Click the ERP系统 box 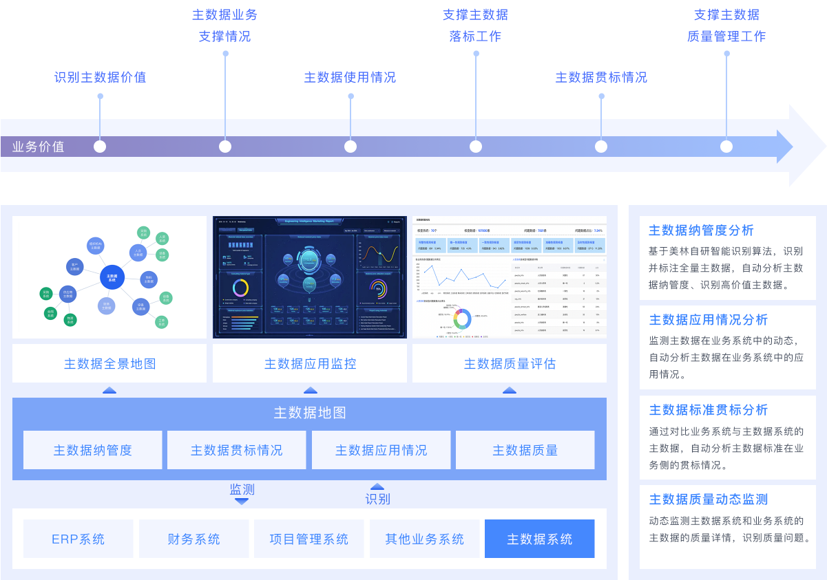pyautogui.click(x=78, y=539)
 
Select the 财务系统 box pyautogui.click(x=193, y=539)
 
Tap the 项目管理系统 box pyautogui.click(x=308, y=539)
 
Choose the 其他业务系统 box pyautogui.click(x=424, y=539)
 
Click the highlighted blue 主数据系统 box pyautogui.click(x=539, y=539)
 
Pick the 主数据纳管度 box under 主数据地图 pyautogui.click(x=93, y=450)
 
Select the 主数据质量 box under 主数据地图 pyautogui.click(x=525, y=450)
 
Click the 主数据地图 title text pyautogui.click(x=310, y=413)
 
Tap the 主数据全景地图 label pyautogui.click(x=109, y=363)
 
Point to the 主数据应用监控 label pyautogui.click(x=310, y=363)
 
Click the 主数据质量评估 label pyautogui.click(x=510, y=363)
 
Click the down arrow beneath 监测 pyautogui.click(x=242, y=502)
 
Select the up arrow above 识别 pyautogui.click(x=377, y=486)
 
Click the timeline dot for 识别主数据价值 pyautogui.click(x=100, y=147)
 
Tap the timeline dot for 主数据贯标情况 pyautogui.click(x=601, y=147)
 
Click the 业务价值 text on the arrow pyautogui.click(x=39, y=147)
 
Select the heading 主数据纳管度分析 pyautogui.click(x=701, y=230)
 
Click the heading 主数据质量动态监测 pyautogui.click(x=708, y=499)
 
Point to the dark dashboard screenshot pyautogui.click(x=310, y=277)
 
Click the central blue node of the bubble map pyautogui.click(x=112, y=277)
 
